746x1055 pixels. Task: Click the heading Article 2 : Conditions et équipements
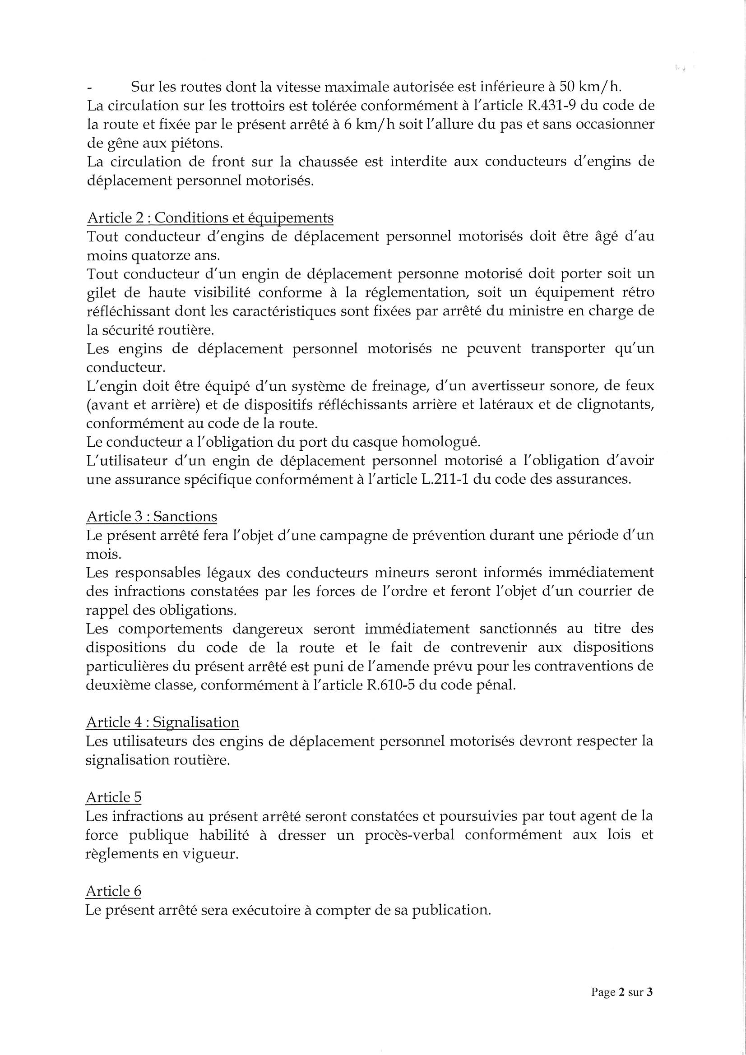[210, 217]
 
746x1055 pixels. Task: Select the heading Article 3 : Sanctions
[152, 517]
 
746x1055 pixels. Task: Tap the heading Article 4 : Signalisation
[163, 722]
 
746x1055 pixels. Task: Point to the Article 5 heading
[114, 797]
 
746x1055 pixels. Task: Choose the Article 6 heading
[114, 891]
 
